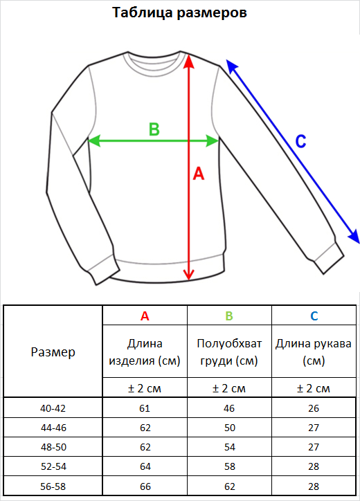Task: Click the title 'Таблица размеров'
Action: (180, 12)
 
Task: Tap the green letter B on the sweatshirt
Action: (154, 129)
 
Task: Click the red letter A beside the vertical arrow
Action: (199, 174)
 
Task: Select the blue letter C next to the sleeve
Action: (301, 141)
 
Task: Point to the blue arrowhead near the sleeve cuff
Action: (354, 237)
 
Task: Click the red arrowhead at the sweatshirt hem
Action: (189, 275)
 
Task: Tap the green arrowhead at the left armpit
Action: (93, 140)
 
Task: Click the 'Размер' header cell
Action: (53, 352)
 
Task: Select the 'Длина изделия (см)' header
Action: (145, 352)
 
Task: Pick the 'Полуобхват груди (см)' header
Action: (229, 352)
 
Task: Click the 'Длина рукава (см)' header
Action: (314, 352)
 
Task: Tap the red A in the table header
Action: (145, 316)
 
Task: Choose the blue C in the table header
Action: (314, 316)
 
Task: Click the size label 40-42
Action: (53, 408)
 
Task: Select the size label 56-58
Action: (53, 486)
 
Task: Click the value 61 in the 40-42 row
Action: (145, 408)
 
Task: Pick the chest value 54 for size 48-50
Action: (230, 447)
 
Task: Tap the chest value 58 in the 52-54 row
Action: (230, 466)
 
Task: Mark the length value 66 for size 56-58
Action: (145, 486)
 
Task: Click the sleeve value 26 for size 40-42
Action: (314, 408)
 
